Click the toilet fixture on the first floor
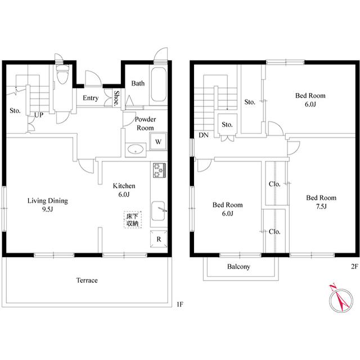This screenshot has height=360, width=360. coord(62,74)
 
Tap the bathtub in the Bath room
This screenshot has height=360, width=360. coord(158,84)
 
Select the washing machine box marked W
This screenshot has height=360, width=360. coord(158,141)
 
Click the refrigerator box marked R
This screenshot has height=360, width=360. coord(159,239)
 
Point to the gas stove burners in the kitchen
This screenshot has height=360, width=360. coord(159,170)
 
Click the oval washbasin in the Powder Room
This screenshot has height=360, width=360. coord(136,149)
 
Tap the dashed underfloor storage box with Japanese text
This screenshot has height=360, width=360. coord(133,220)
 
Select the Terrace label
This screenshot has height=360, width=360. coord(87,280)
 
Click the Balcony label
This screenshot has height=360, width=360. coord(238,267)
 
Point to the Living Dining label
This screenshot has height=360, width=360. coord(48,201)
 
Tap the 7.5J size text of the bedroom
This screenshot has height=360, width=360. coord(321,206)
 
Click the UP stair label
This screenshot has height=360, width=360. coord(39,115)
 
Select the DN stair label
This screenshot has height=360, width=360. coord(204,135)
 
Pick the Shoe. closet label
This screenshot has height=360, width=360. coord(116,97)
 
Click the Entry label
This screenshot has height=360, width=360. coord(91,98)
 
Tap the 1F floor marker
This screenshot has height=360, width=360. coord(180,304)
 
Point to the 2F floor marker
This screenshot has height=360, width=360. coord(354,266)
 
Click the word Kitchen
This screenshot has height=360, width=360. coord(124,186)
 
